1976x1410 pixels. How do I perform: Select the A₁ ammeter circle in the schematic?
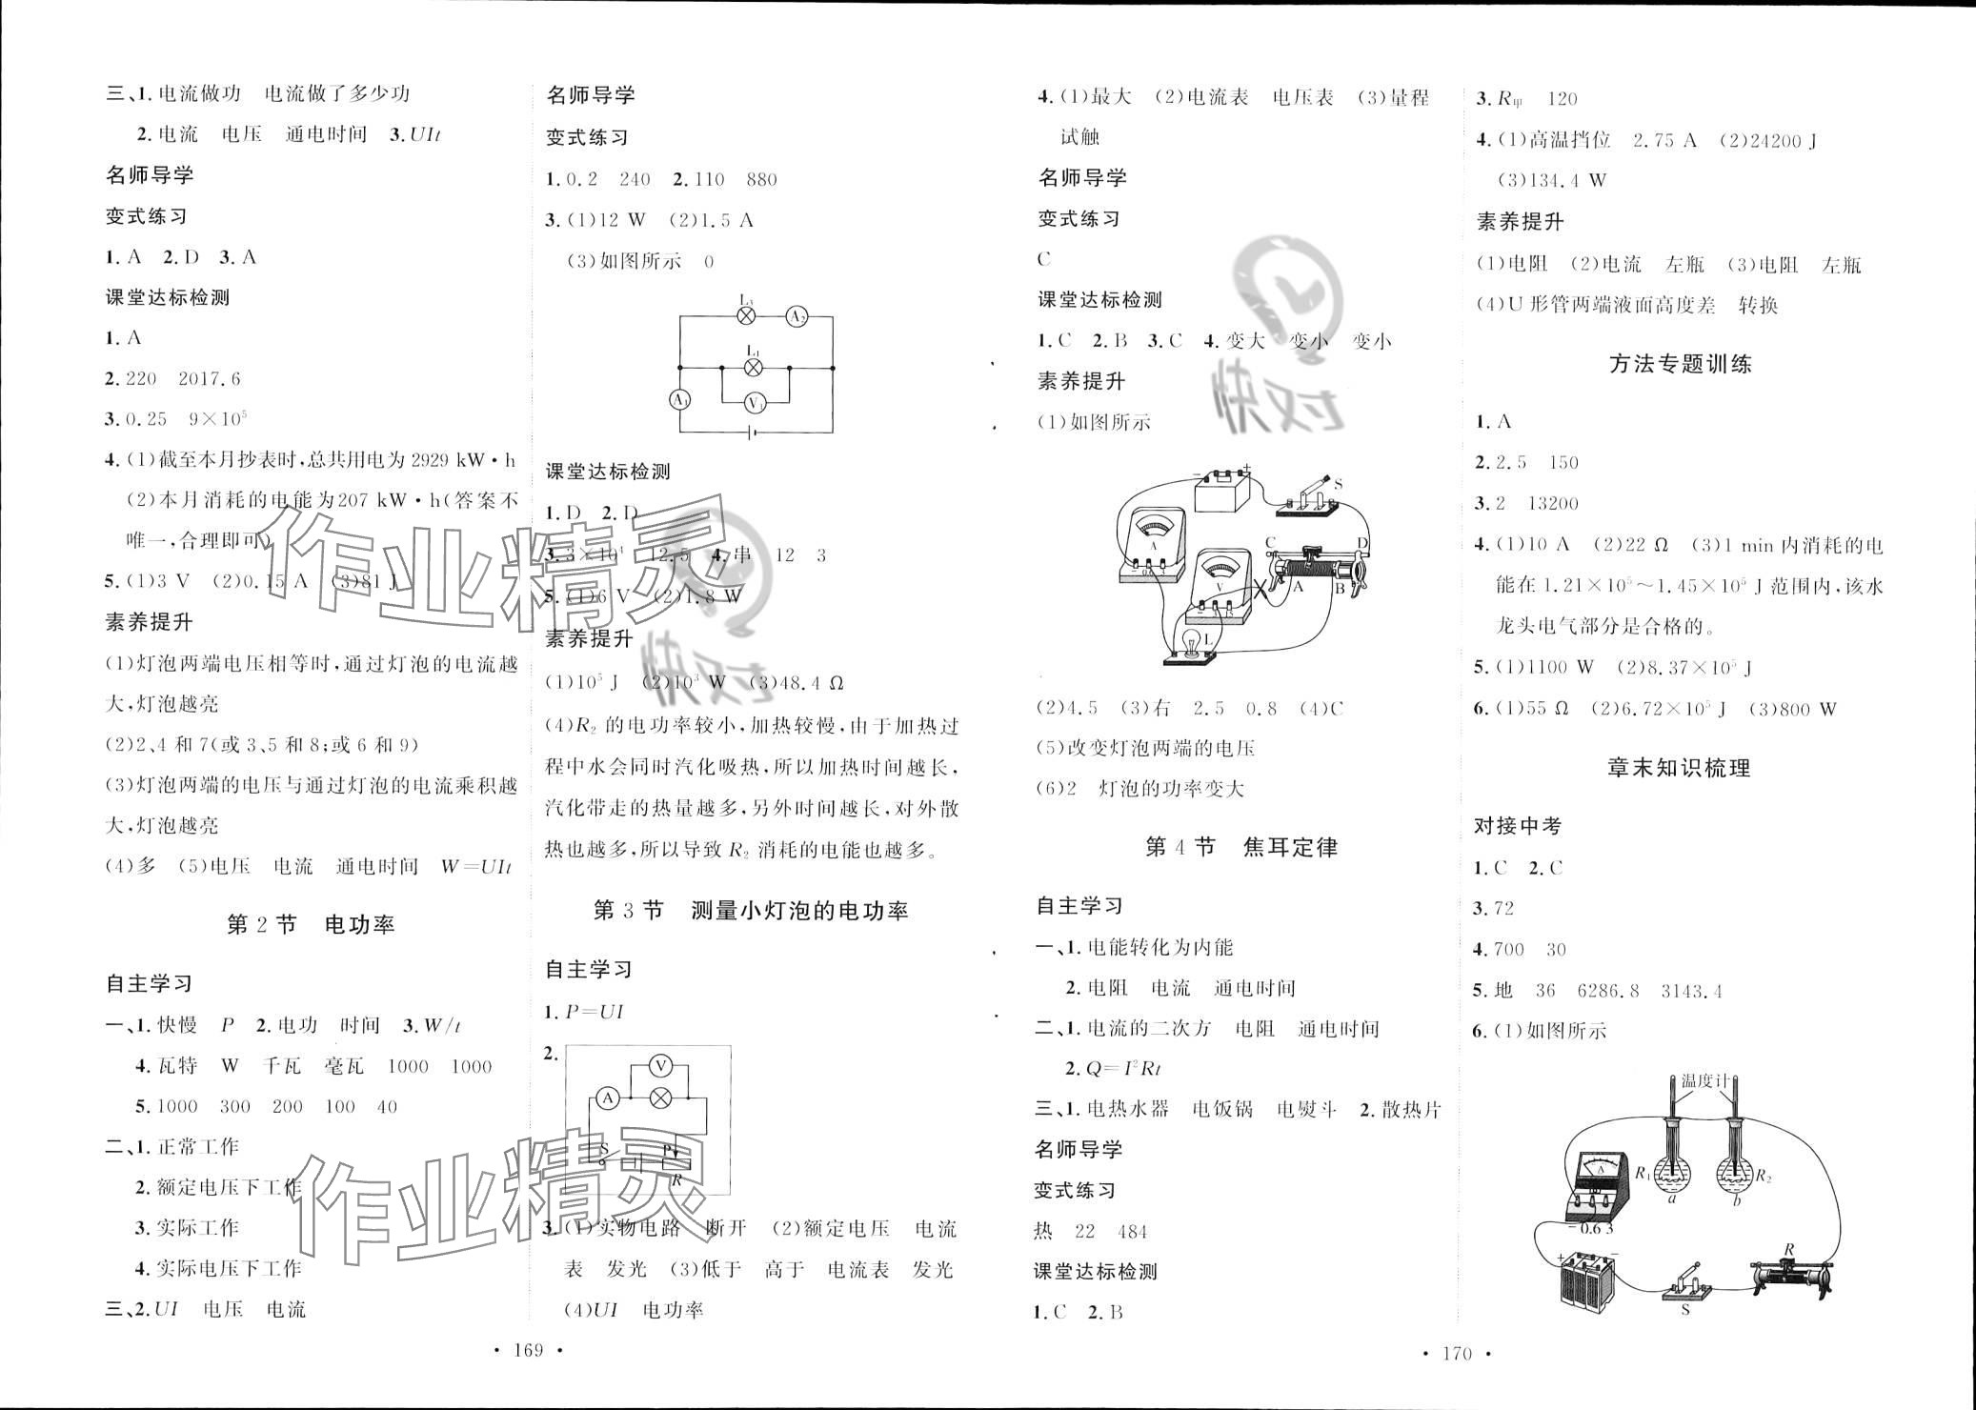point(680,400)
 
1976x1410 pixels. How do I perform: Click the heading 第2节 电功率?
point(310,924)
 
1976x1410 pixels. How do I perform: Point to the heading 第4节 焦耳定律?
point(1240,847)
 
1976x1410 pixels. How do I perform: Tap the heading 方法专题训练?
point(1680,364)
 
